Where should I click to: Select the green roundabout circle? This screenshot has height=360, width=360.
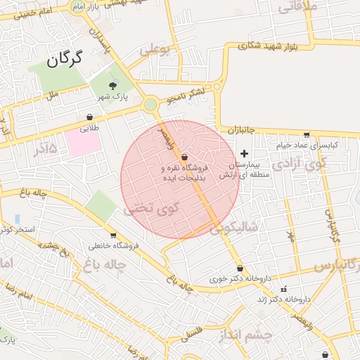tap(150, 105)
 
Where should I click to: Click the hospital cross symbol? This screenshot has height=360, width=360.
tap(245, 153)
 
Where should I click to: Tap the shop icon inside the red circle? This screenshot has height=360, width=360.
tap(184, 157)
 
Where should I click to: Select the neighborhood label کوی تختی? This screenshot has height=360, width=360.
tap(151, 208)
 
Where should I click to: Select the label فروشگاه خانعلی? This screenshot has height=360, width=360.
tap(114, 246)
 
